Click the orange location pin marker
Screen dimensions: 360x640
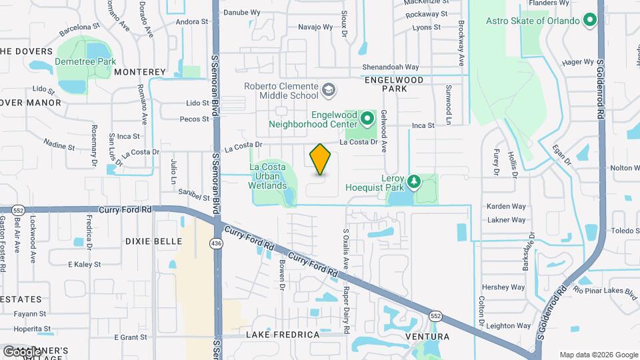320,159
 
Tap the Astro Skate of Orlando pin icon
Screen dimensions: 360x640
589,21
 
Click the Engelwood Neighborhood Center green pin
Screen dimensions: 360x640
366,119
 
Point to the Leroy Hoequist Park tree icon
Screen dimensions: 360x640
414,181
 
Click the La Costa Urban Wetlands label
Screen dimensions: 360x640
267,176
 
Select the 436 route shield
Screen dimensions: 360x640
218,243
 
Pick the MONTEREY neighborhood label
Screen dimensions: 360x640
139,71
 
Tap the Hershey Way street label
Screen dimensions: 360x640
504,287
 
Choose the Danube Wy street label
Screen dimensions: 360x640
241,12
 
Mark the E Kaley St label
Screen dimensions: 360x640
84,264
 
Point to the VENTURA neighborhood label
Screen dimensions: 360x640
427,336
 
